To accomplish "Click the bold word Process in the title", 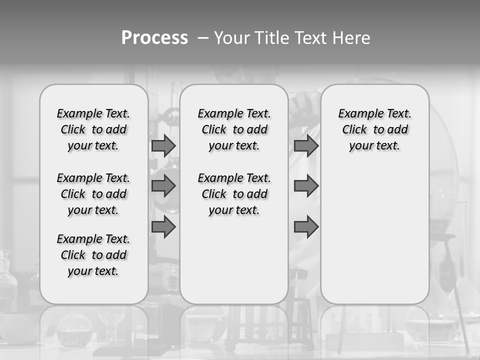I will coord(154,38).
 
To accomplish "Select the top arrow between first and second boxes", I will coord(163,145).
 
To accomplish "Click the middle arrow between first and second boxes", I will coord(163,186).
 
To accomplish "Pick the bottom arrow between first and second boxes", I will coord(163,227).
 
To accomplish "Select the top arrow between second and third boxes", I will coord(306,145).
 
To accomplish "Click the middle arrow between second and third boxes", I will coord(306,186).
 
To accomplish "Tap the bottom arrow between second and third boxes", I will coord(306,227).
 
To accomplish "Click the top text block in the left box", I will coord(93,129).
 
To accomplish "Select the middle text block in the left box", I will coord(93,194).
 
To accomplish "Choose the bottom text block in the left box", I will coord(93,255).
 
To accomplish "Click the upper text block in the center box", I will coord(234,129).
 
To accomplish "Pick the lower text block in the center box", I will coord(234,194).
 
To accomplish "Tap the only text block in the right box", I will coord(375,129).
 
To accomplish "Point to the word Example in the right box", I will coord(357,114).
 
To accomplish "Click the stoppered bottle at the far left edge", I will coord(7,280).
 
